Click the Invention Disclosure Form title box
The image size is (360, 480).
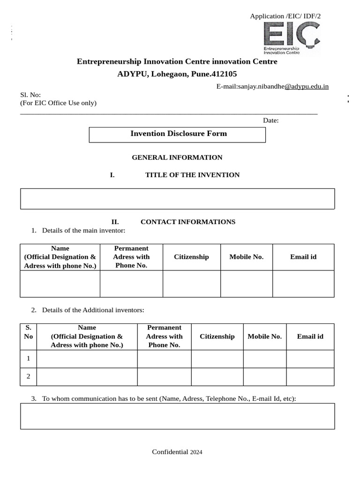[177, 134]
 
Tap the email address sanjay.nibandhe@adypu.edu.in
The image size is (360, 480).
[272, 86]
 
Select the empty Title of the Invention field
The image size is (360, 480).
[177, 199]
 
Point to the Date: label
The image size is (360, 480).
[270, 120]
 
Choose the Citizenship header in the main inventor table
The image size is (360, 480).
[191, 257]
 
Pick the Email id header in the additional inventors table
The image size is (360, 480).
[310, 337]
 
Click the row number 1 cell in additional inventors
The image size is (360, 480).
[29, 359]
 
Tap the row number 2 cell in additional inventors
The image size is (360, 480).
[29, 376]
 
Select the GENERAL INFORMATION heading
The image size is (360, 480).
[177, 157]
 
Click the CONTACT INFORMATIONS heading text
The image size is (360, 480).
[187, 222]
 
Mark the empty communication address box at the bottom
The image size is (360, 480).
[177, 416]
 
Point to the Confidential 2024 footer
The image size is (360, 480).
[177, 452]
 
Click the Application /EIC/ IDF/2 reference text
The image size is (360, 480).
[285, 16]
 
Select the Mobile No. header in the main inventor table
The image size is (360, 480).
[246, 257]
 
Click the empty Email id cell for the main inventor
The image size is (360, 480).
[303, 284]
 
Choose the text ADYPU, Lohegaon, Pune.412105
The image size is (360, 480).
[177, 74]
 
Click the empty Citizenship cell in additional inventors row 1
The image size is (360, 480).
[217, 359]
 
